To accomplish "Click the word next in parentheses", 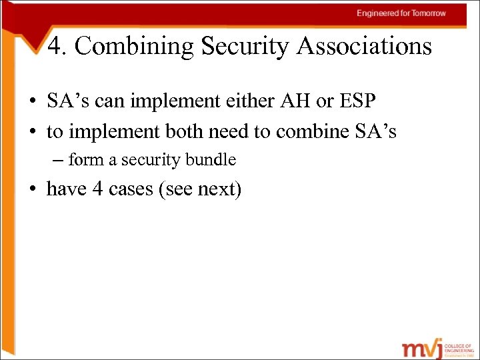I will (x=218, y=189).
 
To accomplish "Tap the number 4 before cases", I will (x=97, y=189).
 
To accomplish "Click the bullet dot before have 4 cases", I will (x=32, y=190).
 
